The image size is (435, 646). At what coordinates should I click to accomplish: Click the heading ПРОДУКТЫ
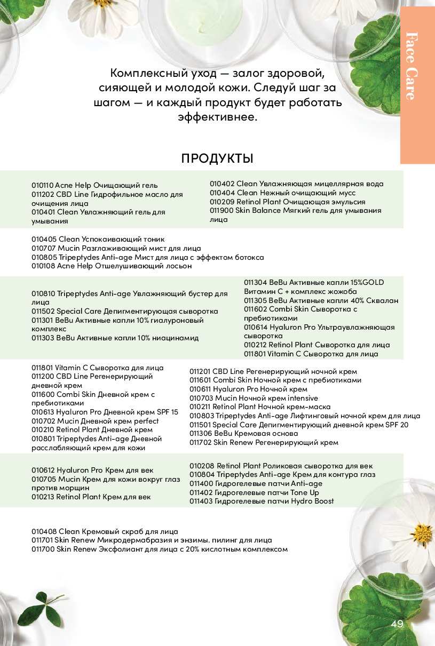pos(217,158)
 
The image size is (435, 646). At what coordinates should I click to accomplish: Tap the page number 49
pos(397,625)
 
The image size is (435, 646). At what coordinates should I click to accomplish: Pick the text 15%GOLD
pos(366,282)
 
